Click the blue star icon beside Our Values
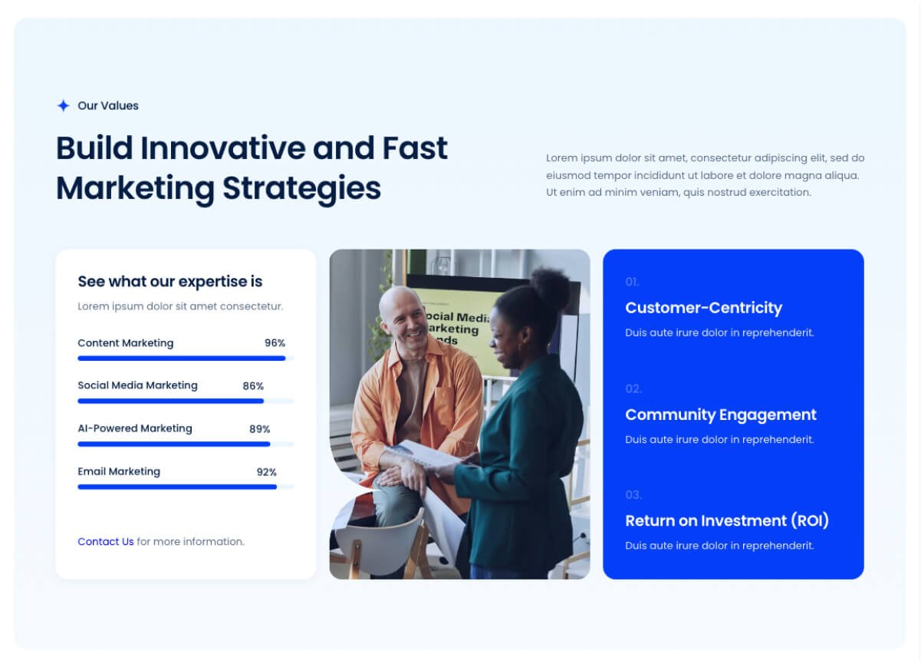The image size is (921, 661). [x=64, y=106]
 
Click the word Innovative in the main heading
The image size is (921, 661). [x=222, y=148]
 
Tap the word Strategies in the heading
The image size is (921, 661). [x=302, y=189]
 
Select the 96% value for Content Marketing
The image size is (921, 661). [x=275, y=343]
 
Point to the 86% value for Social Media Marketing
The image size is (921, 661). [x=253, y=386]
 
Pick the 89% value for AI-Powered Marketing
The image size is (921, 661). [x=259, y=429]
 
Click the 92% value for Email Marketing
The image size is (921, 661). [x=266, y=472]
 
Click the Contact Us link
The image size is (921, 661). [x=106, y=542]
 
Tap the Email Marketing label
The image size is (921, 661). [x=119, y=471]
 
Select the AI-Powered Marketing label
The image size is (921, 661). [x=135, y=428]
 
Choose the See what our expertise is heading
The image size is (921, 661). [x=169, y=282]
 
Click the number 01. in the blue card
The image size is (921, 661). [x=632, y=282]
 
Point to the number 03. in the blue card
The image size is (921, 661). [x=633, y=494]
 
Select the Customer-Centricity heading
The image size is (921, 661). [x=703, y=308]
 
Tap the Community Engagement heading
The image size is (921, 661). [x=721, y=415]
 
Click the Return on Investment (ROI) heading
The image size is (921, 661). [x=727, y=521]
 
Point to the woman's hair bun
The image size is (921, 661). [x=550, y=287]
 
